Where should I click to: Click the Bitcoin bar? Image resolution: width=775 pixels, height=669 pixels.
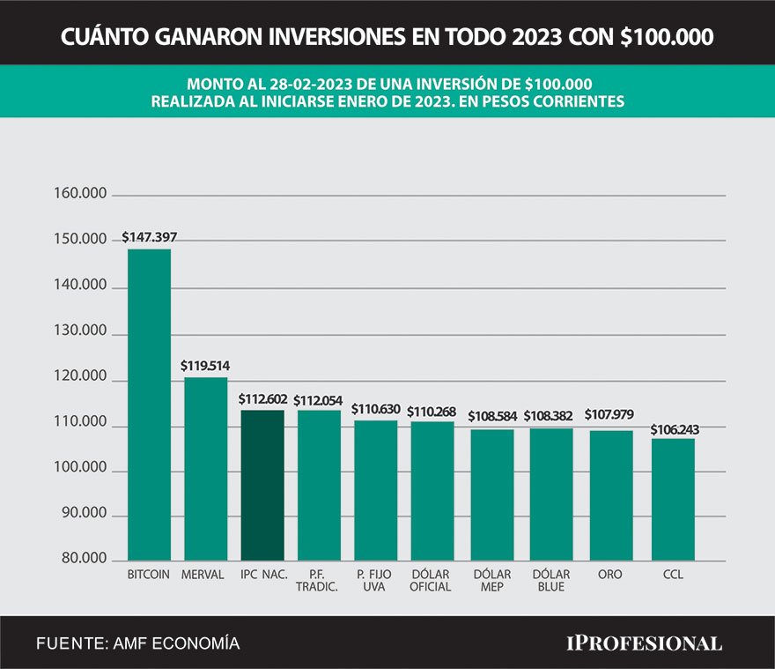tap(150, 405)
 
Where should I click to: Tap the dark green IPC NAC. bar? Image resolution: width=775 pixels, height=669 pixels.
tap(262, 485)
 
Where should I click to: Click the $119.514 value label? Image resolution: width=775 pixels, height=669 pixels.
tap(205, 365)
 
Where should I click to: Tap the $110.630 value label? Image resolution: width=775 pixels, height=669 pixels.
tap(376, 409)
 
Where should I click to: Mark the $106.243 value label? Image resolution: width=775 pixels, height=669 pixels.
tap(673, 428)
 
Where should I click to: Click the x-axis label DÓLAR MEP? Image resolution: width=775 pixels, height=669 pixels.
tap(491, 580)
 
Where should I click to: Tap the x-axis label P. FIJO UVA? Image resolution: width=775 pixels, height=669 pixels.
tap(375, 580)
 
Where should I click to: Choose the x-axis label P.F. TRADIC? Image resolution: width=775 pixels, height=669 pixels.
tap(318, 580)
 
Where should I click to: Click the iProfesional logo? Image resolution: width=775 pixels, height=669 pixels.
tap(643, 643)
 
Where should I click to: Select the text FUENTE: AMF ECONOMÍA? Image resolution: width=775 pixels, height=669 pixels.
tap(137, 643)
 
